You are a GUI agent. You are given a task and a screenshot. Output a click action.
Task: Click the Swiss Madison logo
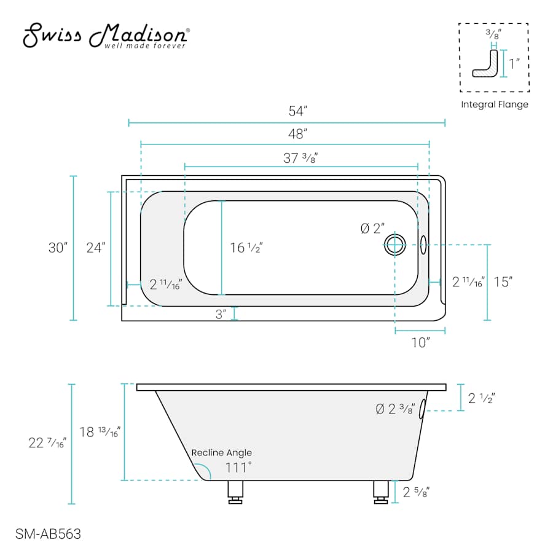coord(106,36)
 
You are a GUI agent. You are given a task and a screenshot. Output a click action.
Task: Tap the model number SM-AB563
coord(48,534)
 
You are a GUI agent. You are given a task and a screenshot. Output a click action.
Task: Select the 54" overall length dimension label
coord(297,111)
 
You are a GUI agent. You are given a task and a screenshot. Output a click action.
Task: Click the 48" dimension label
coord(297,134)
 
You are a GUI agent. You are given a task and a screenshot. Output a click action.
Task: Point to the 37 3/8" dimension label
coord(300,158)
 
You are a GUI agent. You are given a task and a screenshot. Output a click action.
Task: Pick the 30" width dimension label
coord(58,248)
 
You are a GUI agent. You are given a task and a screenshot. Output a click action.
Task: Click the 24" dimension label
coord(96,248)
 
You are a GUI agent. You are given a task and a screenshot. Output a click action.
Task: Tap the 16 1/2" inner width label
coord(246,248)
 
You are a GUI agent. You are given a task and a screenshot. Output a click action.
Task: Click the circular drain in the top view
coord(394,245)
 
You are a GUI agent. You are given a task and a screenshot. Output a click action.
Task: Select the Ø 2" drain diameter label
coord(372,229)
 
